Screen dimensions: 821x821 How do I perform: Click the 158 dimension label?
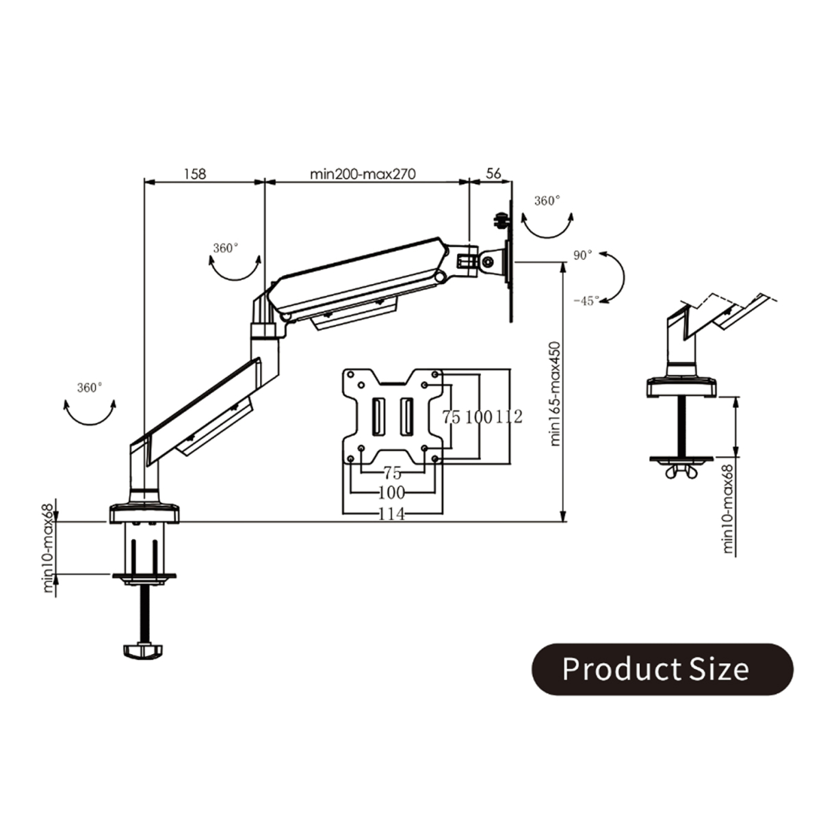click(x=195, y=174)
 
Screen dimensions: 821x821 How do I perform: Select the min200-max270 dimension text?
click(x=363, y=174)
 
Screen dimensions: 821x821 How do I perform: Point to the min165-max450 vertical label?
click(x=555, y=393)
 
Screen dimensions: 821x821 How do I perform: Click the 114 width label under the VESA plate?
click(x=391, y=514)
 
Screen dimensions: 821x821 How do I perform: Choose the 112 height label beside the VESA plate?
click(x=509, y=417)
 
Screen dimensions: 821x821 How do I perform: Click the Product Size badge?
click(x=662, y=669)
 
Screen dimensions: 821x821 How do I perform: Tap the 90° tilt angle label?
click(x=582, y=255)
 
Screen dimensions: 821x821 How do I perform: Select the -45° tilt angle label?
click(x=586, y=300)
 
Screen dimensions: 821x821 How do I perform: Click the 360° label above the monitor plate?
click(x=547, y=200)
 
